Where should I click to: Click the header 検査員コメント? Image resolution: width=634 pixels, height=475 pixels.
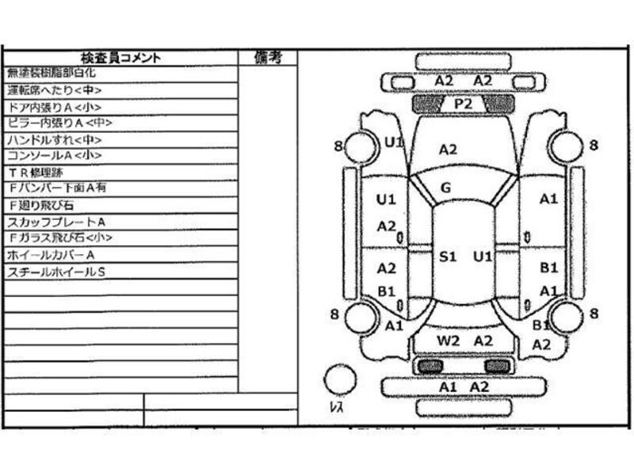coord(120,57)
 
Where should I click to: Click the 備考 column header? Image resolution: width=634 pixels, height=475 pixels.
coord(266,57)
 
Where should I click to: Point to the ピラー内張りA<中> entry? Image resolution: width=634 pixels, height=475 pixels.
coord(59,123)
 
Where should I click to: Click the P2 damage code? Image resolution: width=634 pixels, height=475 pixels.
coord(463,103)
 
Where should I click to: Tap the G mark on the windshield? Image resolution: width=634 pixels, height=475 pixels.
coord(446,188)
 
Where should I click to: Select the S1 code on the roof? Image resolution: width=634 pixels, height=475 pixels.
coord(449,256)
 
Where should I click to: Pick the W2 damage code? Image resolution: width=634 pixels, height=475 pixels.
coord(449,340)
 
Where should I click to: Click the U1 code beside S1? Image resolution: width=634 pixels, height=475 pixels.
coord(483,256)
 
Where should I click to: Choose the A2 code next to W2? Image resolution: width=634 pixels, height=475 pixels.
coord(483,340)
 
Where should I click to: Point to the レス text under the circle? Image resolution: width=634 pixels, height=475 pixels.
coord(336,408)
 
